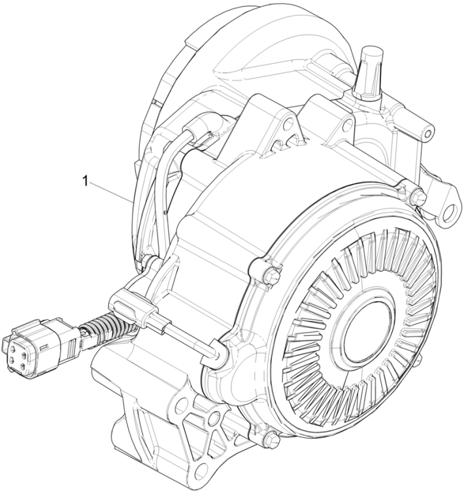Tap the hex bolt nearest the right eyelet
click(x=416, y=195)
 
